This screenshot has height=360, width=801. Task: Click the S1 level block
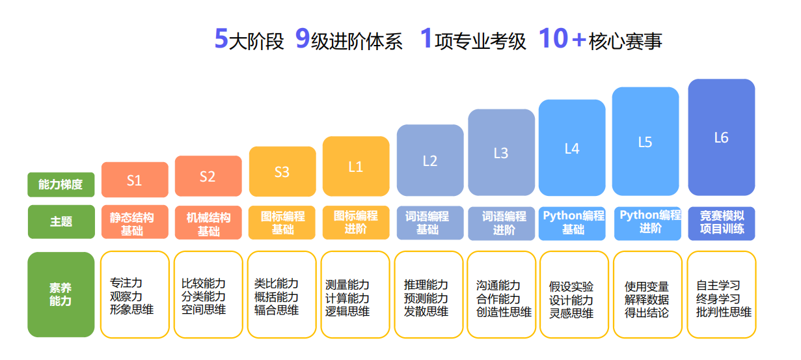pyautogui.click(x=135, y=180)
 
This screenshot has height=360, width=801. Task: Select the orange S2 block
pyautogui.click(x=208, y=176)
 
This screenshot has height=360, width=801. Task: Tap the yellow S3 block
pyautogui.click(x=282, y=171)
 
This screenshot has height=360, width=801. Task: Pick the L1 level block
pyautogui.click(x=356, y=166)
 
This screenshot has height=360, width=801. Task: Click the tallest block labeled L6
pyautogui.click(x=721, y=137)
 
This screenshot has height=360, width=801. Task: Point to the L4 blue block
pyautogui.click(x=572, y=148)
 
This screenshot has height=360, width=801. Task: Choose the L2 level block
pyautogui.click(x=430, y=160)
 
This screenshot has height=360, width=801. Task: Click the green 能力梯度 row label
pyautogui.click(x=61, y=185)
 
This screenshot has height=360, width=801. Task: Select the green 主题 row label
pyautogui.click(x=61, y=222)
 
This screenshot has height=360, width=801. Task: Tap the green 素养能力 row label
pyautogui.click(x=61, y=294)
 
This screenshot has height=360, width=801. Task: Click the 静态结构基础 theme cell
pyautogui.click(x=135, y=222)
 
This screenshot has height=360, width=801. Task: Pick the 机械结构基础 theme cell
pyautogui.click(x=208, y=223)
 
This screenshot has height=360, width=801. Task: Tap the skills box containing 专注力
pyautogui.click(x=135, y=294)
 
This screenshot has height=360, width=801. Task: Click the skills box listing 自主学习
pyautogui.click(x=721, y=294)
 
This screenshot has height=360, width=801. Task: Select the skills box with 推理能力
pyautogui.click(x=429, y=294)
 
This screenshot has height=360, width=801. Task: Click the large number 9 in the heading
pyautogui.click(x=303, y=38)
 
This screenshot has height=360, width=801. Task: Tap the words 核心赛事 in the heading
pyautogui.click(x=625, y=41)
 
